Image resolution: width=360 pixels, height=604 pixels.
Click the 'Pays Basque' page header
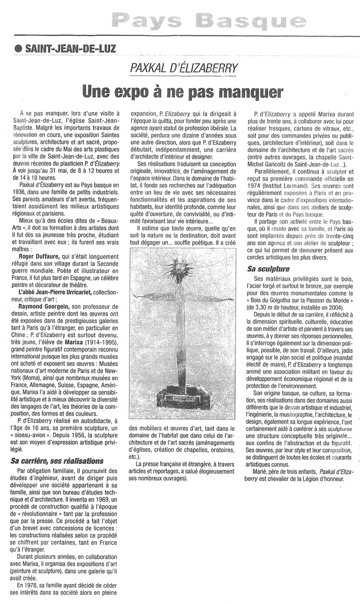(208, 23)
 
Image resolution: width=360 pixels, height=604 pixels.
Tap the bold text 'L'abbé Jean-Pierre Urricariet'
(55, 292)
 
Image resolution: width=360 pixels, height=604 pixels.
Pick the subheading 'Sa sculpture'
(268, 268)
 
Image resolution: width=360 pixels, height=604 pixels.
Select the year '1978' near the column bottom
(33, 585)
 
